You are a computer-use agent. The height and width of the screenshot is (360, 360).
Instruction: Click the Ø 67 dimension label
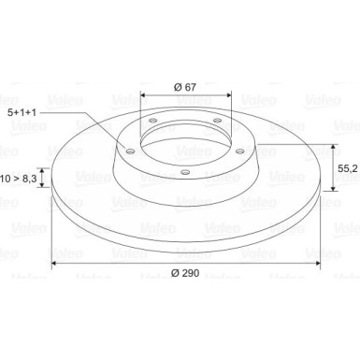185,87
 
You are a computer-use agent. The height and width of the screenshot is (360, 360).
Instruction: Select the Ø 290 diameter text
185,273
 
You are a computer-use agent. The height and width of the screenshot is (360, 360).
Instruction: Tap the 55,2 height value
348,168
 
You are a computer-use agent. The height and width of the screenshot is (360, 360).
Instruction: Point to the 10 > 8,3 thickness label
19,179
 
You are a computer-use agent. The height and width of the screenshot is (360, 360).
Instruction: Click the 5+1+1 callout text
22,112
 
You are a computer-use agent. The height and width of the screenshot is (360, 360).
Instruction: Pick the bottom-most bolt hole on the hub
185,172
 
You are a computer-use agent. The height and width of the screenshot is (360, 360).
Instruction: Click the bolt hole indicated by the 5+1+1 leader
130,151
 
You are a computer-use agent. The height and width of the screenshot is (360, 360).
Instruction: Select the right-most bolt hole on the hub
239,151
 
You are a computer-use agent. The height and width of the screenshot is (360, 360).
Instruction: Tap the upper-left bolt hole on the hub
152,121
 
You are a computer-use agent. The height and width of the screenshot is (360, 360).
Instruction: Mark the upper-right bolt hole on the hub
217,121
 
